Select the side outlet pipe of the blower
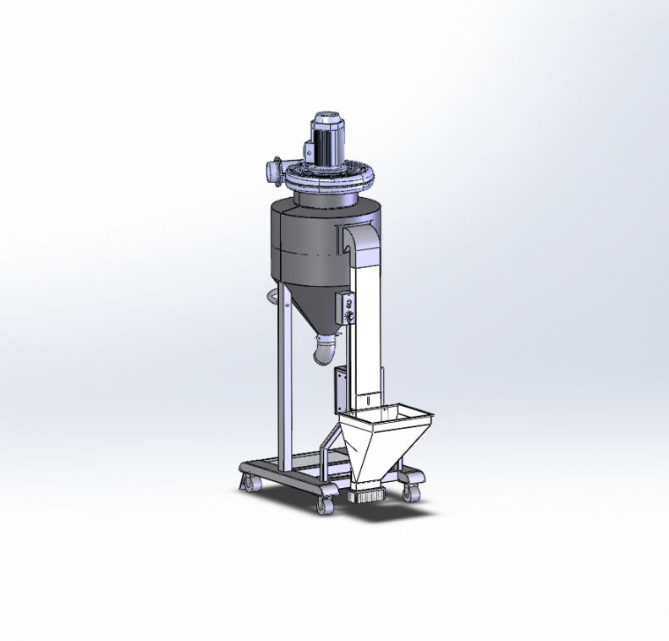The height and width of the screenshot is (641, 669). (275, 168)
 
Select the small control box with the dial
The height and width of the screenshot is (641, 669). (344, 305)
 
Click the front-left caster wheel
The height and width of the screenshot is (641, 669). (324, 505)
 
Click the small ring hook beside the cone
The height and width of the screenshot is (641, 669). (271, 295)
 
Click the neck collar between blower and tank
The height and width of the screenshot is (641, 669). (326, 196)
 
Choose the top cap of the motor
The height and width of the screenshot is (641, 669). (326, 118)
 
